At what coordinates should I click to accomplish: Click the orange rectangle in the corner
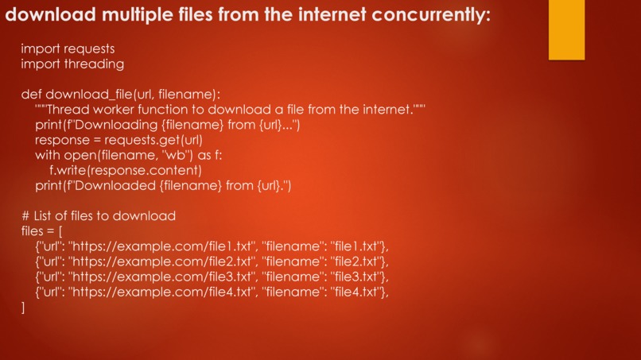click(566, 29)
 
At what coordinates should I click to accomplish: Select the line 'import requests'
click(68, 49)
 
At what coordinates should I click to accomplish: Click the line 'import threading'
click(72, 64)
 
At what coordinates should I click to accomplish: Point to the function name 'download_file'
click(87, 95)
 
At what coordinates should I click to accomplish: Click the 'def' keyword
click(30, 95)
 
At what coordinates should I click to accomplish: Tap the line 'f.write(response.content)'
click(126, 170)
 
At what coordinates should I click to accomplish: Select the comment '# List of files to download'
click(99, 215)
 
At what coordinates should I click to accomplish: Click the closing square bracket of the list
click(24, 307)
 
